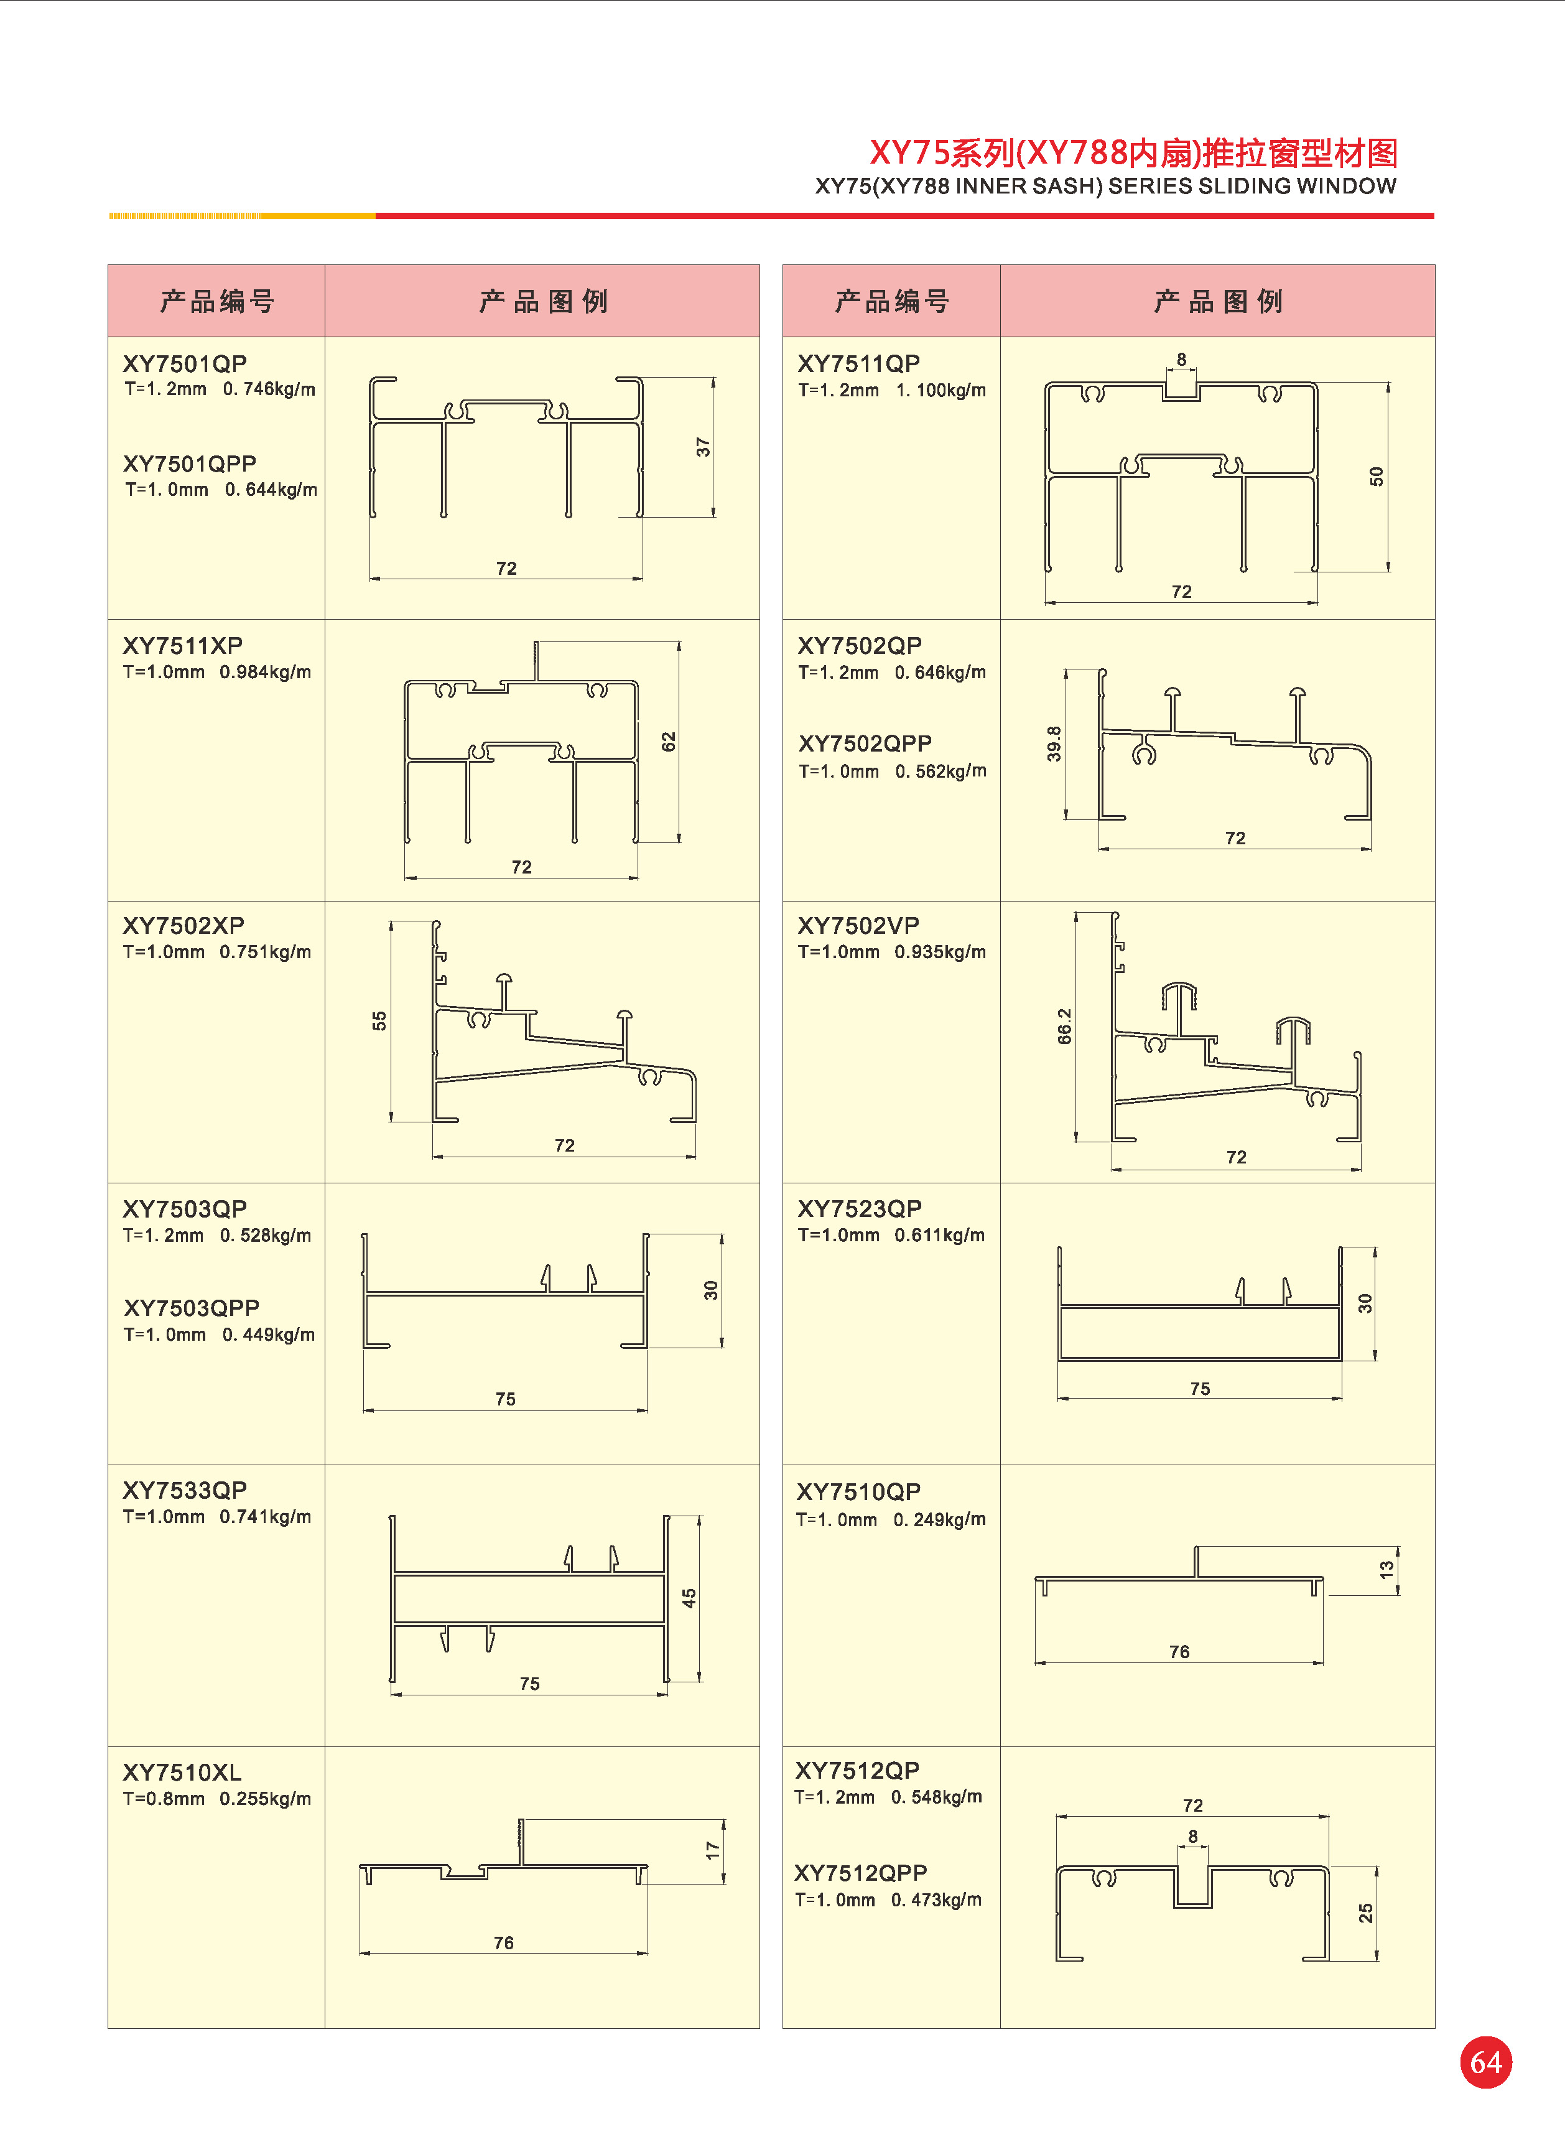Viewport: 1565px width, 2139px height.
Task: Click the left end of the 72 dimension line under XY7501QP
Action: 370,578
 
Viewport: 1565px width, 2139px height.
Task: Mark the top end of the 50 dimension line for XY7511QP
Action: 1388,383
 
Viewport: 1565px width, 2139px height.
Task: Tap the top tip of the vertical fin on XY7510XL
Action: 520,1820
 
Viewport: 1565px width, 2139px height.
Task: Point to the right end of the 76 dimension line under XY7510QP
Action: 1322,1662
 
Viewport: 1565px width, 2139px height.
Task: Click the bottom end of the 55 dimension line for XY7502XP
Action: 391,1122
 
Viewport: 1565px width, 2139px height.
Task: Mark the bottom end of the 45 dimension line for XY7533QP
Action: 700,1682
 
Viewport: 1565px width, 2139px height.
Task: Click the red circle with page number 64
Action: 1485,2062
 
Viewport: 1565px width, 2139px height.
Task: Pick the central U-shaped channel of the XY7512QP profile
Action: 1192,1888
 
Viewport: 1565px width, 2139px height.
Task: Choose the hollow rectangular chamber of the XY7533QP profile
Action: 529,1599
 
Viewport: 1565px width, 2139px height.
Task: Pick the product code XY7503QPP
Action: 192,1308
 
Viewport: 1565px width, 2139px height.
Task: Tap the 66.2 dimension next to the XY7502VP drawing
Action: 1065,1026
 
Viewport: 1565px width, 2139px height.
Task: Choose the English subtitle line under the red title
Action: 1105,185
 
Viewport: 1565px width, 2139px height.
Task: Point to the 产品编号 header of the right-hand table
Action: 891,301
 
